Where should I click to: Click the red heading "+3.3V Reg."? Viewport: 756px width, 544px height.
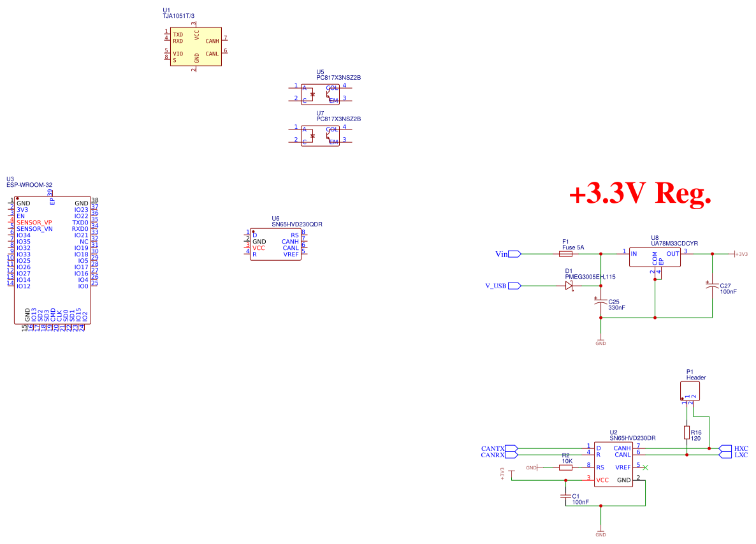[639, 193]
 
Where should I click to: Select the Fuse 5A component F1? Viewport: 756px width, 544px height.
[569, 254]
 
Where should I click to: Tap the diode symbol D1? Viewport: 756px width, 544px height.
[569, 286]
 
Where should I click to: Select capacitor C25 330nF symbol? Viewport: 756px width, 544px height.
[600, 302]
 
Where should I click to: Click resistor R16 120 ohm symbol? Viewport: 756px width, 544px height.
[687, 433]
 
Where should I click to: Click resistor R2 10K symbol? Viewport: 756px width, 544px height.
[565, 467]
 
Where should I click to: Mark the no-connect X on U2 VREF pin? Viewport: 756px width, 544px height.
[645, 467]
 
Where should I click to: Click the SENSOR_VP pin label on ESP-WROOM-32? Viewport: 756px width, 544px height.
[34, 223]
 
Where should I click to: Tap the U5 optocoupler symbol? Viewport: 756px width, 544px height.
[320, 93]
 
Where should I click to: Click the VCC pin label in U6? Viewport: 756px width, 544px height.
[258, 248]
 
